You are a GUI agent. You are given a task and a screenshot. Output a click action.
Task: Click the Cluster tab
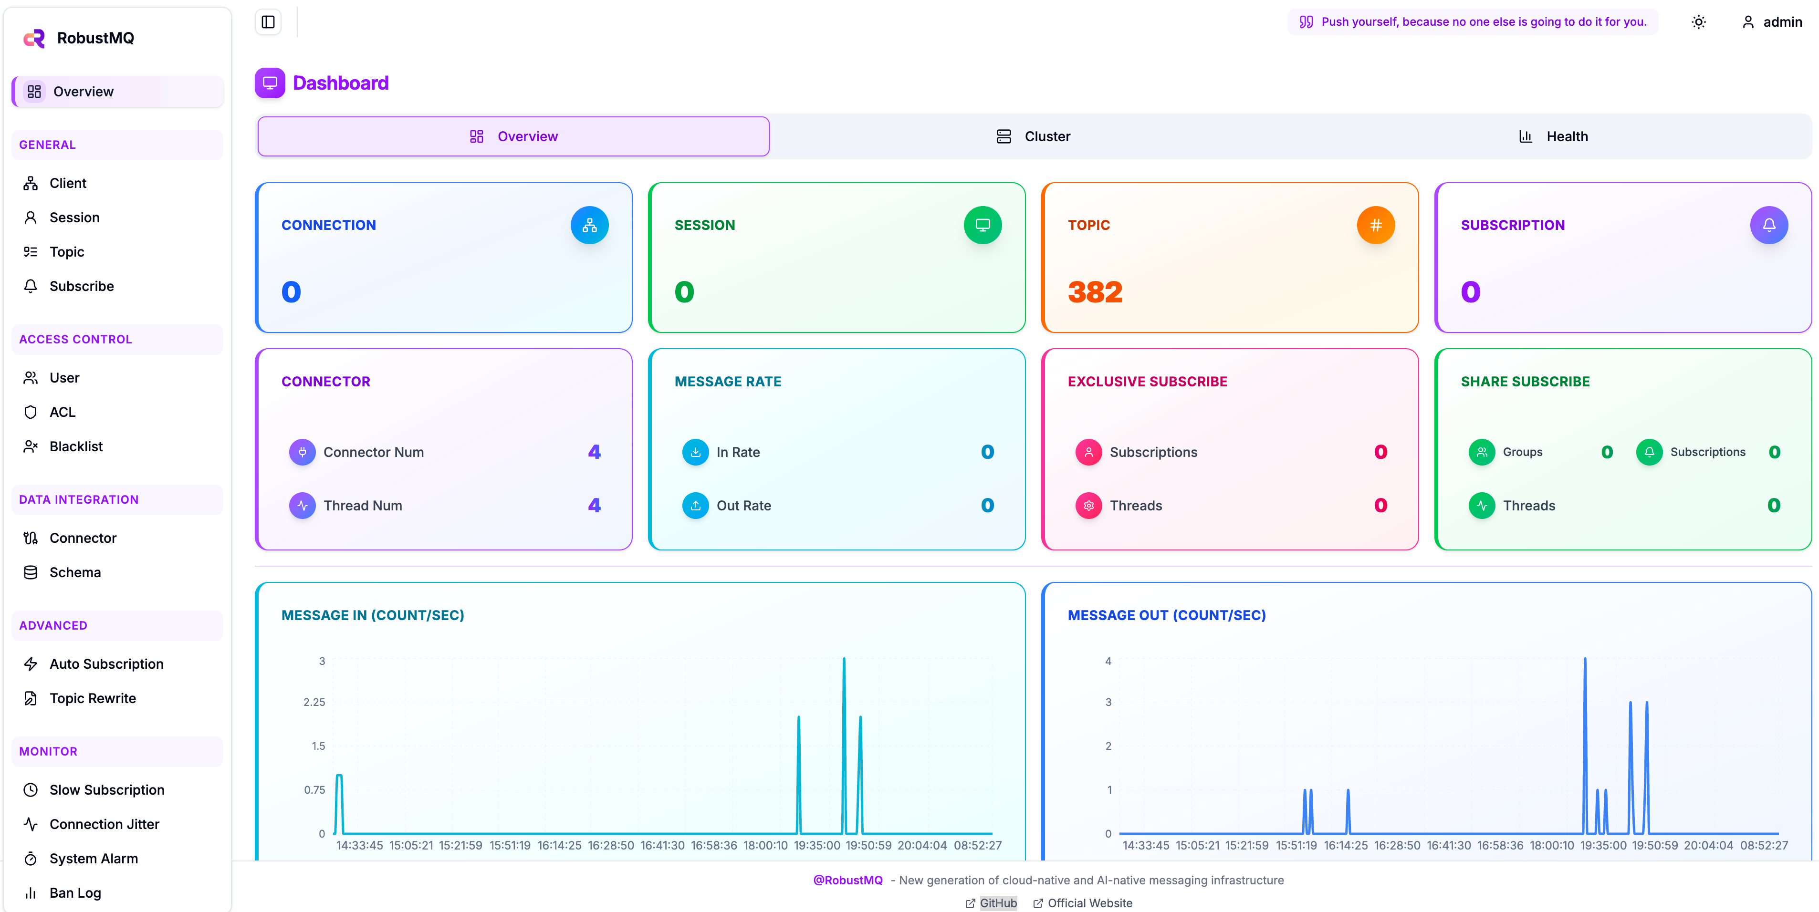(x=1033, y=136)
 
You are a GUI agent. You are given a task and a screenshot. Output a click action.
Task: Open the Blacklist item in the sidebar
(x=75, y=446)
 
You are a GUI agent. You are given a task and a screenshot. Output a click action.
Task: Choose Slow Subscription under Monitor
(x=106, y=790)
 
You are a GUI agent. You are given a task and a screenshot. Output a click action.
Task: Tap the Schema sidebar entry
(x=75, y=572)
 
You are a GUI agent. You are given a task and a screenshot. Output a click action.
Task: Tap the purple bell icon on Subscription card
(x=1769, y=225)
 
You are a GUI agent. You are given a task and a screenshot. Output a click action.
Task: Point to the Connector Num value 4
(x=594, y=452)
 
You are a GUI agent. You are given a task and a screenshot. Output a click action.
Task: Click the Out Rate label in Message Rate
(x=743, y=506)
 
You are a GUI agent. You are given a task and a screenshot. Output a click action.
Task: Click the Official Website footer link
(x=1089, y=903)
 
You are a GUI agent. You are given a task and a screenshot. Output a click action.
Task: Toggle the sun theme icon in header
(x=1699, y=22)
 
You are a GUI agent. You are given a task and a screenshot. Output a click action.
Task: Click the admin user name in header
(x=1782, y=22)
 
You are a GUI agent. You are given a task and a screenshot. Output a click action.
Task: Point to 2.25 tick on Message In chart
(x=314, y=702)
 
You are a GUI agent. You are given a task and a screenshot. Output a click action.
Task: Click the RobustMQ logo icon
(x=34, y=38)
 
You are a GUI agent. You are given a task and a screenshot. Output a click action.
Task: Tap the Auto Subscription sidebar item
(x=106, y=663)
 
